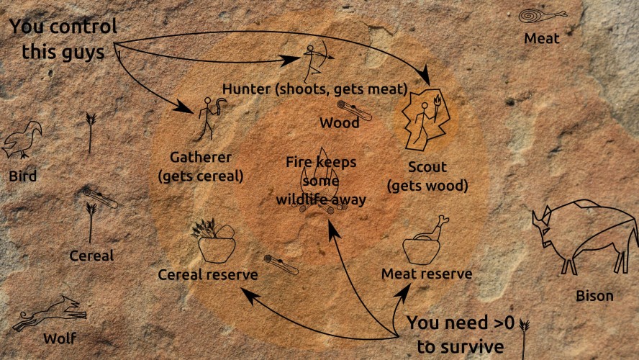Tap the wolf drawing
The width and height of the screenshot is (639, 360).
50,313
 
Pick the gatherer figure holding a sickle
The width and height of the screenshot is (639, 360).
211,117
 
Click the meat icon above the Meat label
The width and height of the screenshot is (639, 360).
542,17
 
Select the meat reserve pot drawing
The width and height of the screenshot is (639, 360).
425,241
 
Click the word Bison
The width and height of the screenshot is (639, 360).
594,296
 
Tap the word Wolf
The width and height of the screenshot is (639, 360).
60,338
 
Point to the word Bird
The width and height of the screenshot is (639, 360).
23,176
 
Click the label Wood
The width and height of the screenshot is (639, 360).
340,122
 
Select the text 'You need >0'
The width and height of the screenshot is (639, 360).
461,323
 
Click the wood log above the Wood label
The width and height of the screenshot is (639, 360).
354,110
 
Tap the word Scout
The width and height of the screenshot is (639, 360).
427,167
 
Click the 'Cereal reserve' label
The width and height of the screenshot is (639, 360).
208,274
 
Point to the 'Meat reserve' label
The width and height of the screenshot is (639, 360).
427,274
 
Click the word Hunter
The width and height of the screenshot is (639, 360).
246,89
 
